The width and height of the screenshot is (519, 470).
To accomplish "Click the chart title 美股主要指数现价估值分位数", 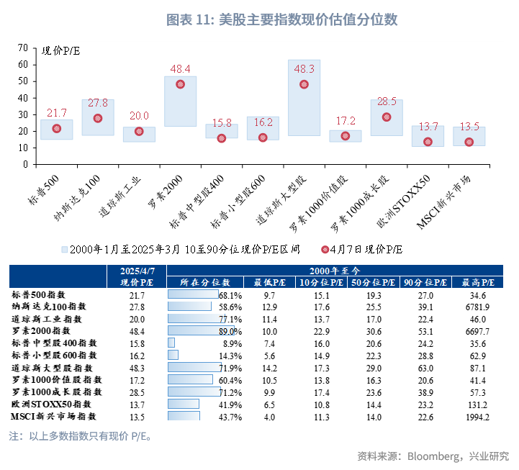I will coord(281,19).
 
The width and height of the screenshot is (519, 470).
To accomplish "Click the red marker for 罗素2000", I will coord(180,84).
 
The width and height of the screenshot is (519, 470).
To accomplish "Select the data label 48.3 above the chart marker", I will coord(304,69).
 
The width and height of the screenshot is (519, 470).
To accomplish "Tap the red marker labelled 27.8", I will coord(98,118).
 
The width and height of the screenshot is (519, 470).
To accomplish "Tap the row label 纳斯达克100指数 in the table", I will coord(48,307).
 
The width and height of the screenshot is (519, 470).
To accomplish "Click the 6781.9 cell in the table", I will coord(478,307).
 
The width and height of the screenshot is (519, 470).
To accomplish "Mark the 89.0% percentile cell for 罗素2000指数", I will coord(230,331).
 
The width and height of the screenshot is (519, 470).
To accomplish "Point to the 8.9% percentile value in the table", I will coord(230,343).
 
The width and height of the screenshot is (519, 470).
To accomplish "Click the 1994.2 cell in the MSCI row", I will coord(478,416).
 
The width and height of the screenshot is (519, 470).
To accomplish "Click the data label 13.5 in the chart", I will coord(469,127).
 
